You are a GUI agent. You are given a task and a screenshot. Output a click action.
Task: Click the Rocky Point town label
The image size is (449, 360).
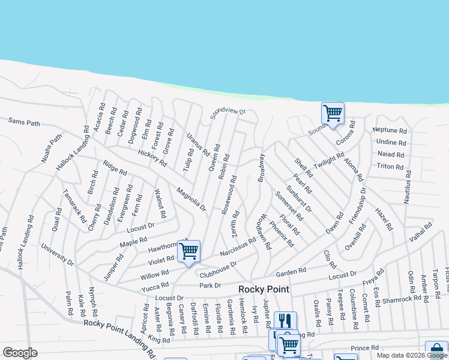coord(264,289)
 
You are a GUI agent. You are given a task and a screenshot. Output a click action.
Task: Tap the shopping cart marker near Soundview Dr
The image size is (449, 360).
coord(333,113)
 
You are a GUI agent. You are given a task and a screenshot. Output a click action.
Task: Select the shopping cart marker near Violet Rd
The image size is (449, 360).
coord(189,251)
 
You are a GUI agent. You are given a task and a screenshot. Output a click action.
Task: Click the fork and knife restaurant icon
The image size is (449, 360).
coord(285,322)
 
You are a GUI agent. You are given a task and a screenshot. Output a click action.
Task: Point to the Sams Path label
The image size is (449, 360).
coord(24,122)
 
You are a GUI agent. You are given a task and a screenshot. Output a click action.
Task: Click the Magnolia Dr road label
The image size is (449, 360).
coord(191,200)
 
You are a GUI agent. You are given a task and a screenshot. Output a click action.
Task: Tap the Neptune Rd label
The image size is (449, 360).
coord(390,130)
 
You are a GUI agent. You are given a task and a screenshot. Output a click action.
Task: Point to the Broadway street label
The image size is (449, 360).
coord(261,168)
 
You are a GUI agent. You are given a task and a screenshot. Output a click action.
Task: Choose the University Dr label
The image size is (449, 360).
coord(57,255)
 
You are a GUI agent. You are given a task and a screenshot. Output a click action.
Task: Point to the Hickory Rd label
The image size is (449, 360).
coord(152,157)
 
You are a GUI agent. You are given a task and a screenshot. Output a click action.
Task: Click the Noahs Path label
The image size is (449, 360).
coord(52,147)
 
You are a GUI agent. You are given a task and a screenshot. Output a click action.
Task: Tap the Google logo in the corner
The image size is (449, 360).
coord(20,353)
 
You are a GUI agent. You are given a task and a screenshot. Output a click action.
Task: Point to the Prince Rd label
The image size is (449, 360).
coord(365,347)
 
